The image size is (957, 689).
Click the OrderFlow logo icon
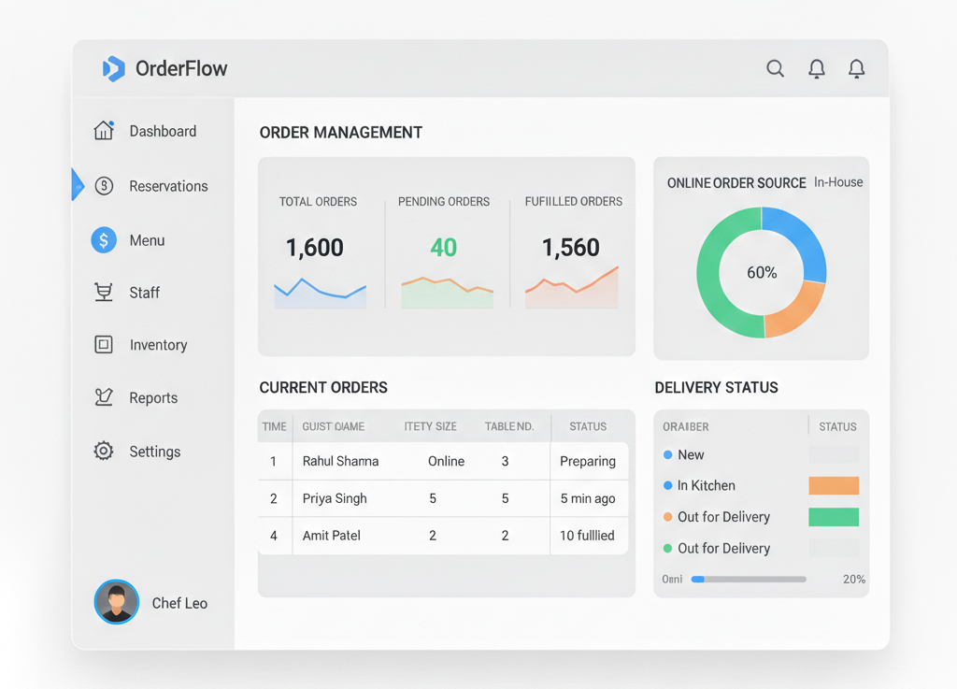(x=113, y=68)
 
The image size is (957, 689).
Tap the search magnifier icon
(x=775, y=68)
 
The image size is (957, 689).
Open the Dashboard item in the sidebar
(x=163, y=131)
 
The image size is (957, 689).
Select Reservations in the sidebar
(x=168, y=186)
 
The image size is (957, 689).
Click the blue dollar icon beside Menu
(x=104, y=240)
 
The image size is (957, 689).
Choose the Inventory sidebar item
(x=158, y=345)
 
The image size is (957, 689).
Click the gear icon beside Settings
(x=104, y=451)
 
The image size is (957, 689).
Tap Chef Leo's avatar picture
(x=117, y=602)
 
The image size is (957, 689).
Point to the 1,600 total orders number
(x=315, y=248)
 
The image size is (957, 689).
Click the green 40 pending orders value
(x=444, y=248)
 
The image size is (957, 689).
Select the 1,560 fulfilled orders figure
(x=571, y=248)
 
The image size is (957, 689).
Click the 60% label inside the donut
(x=762, y=273)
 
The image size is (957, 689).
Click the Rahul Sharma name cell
(x=340, y=461)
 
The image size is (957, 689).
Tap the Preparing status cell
(x=588, y=461)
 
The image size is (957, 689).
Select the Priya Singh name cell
(x=335, y=498)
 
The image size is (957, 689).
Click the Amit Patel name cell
(x=332, y=536)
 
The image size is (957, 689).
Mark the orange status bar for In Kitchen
(x=834, y=485)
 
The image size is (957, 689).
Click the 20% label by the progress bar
(x=853, y=580)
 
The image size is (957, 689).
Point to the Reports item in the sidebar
(x=153, y=397)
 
